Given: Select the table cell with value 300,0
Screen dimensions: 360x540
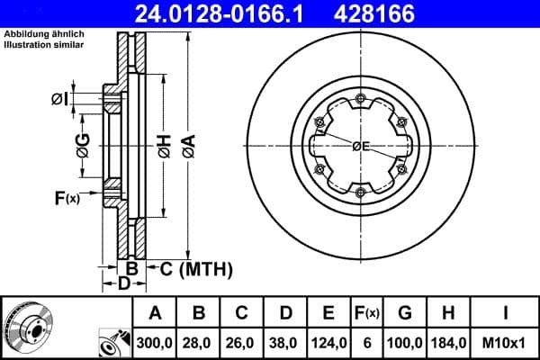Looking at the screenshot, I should coord(155,341).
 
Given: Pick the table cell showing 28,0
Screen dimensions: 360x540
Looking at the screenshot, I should coord(200,341).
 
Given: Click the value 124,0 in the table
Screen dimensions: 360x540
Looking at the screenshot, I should coord(328,341).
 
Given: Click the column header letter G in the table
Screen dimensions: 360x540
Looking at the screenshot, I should coord(405,313).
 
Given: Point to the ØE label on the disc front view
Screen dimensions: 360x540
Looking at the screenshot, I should coord(361,146).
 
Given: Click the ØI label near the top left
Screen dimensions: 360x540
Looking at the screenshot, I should coord(59,98).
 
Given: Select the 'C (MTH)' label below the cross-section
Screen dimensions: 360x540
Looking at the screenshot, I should coord(197,268).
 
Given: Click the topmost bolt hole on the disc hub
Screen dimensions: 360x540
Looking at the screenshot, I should coord(360,98).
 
